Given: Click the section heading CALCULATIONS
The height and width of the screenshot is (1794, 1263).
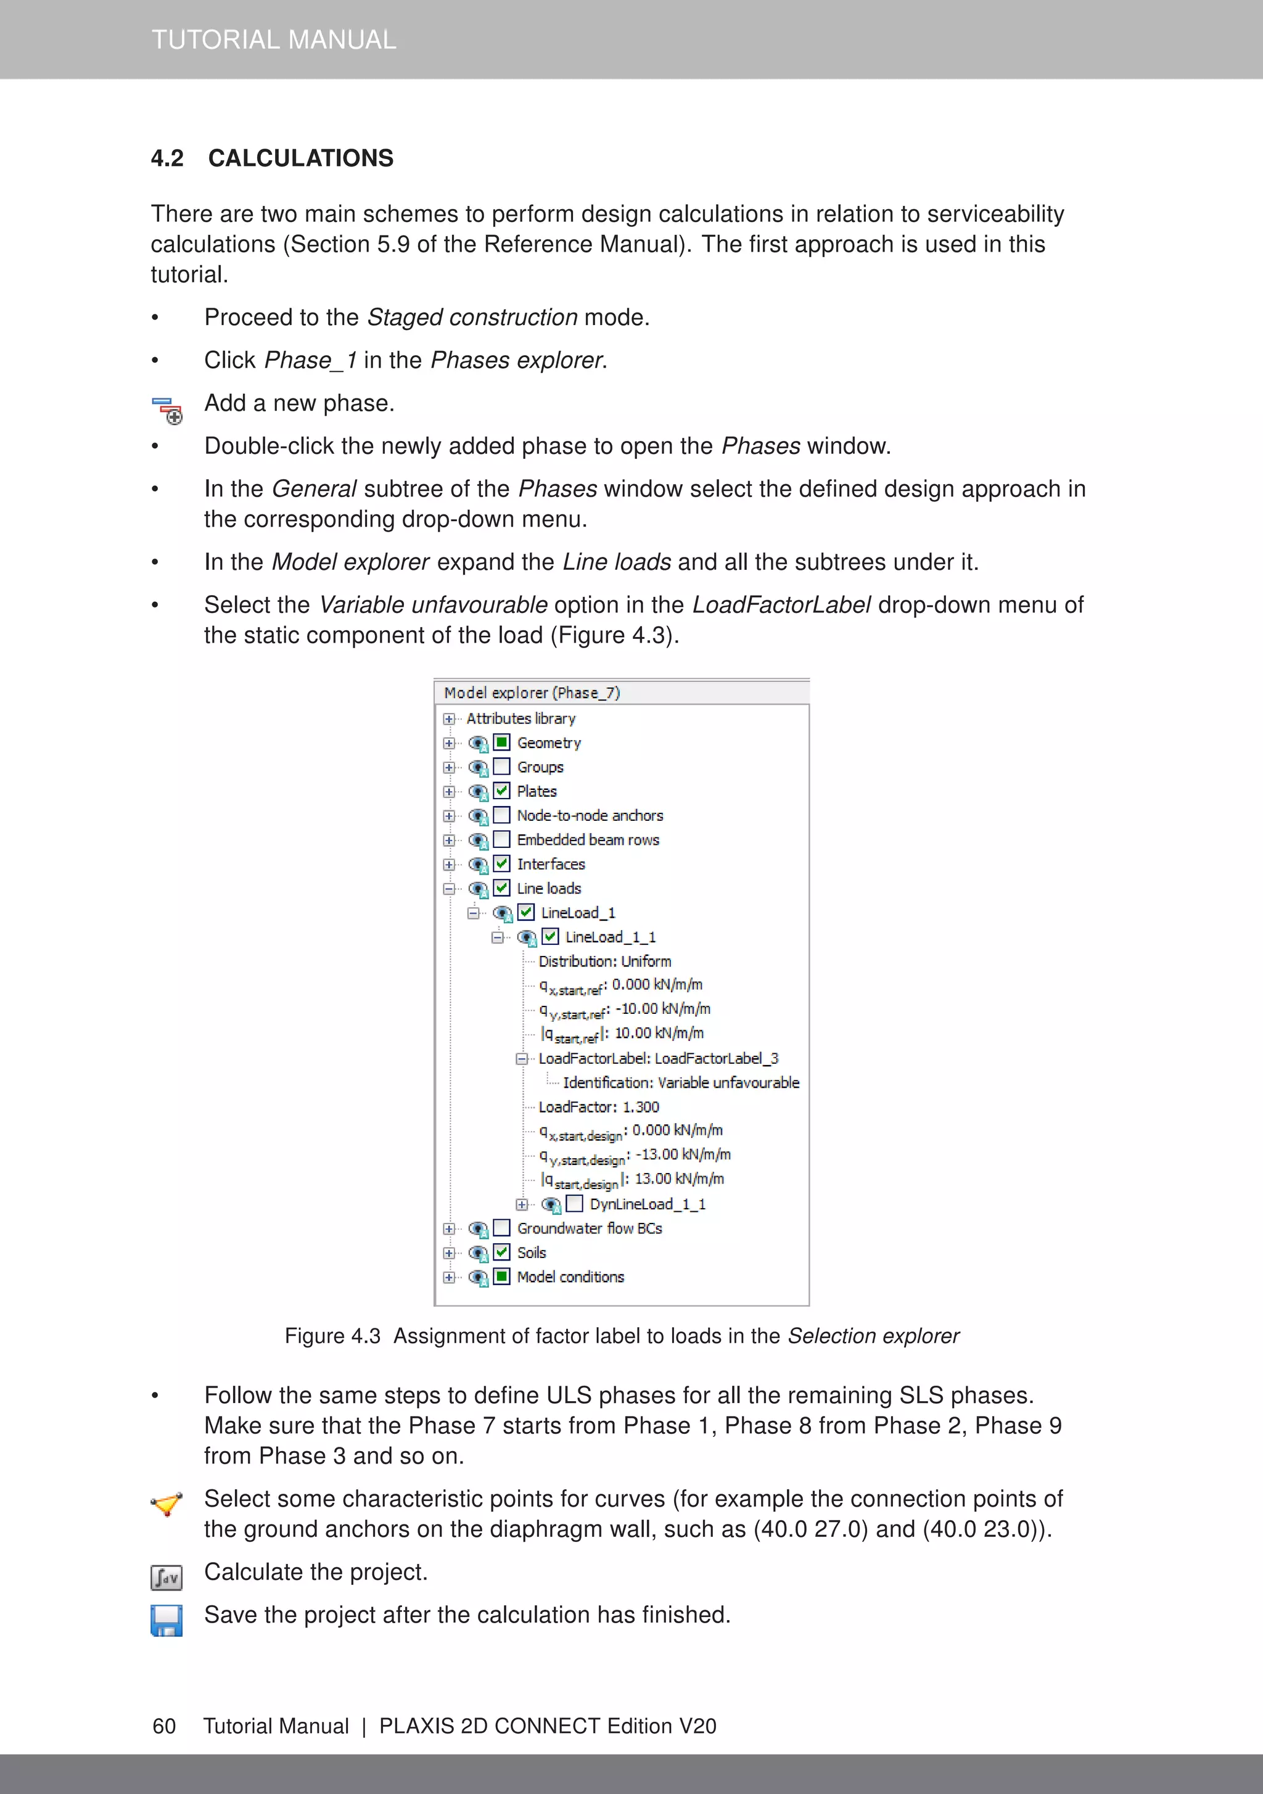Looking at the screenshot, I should click(x=300, y=158).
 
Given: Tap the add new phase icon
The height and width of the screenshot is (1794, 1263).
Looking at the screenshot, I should click(x=167, y=410).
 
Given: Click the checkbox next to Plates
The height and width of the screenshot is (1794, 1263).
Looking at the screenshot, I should click(x=503, y=791).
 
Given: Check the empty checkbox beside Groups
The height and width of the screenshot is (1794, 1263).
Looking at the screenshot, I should click(x=503, y=767).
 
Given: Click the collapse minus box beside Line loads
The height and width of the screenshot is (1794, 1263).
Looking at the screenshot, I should click(x=448, y=889).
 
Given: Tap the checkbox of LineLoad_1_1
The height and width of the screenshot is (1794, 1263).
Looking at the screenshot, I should click(x=551, y=936).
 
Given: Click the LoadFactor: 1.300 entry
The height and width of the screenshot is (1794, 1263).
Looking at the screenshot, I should click(x=599, y=1107).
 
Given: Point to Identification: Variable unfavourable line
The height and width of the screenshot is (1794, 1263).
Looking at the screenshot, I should click(x=680, y=1083).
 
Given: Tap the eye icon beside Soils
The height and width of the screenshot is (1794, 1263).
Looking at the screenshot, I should click(x=477, y=1253).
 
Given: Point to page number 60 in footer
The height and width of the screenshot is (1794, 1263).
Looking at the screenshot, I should click(x=164, y=1726).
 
